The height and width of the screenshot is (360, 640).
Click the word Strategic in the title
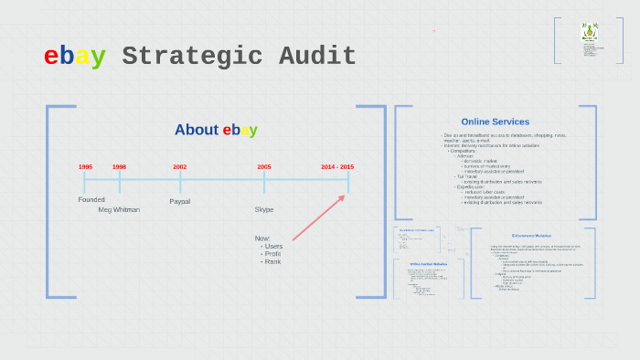pyautogui.click(x=191, y=57)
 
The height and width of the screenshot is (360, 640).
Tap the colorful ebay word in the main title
pyautogui.click(x=75, y=57)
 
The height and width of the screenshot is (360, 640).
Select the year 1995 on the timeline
pyautogui.click(x=85, y=167)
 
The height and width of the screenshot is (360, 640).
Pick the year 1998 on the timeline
pyautogui.click(x=119, y=167)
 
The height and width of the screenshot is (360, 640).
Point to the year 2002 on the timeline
pyautogui.click(x=180, y=167)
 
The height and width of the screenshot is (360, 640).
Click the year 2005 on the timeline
pyautogui.click(x=264, y=167)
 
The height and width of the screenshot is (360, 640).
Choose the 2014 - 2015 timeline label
pyautogui.click(x=337, y=167)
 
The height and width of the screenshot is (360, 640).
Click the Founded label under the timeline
pyautogui.click(x=91, y=199)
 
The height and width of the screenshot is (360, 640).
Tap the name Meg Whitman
pyautogui.click(x=119, y=209)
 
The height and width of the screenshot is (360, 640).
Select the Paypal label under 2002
pyautogui.click(x=180, y=201)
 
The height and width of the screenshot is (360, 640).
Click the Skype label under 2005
pyautogui.click(x=264, y=209)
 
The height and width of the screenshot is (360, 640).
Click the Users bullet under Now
pyautogui.click(x=273, y=246)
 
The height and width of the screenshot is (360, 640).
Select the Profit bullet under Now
pyautogui.click(x=272, y=254)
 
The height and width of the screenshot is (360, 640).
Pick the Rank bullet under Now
pyautogui.click(x=272, y=262)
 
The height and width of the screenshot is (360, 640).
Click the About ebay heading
pyautogui.click(x=216, y=130)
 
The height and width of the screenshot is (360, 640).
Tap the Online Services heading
pyautogui.click(x=495, y=122)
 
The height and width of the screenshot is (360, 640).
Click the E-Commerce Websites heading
pyautogui.click(x=531, y=236)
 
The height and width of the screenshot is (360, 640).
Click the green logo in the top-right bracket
pyautogui.click(x=588, y=33)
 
